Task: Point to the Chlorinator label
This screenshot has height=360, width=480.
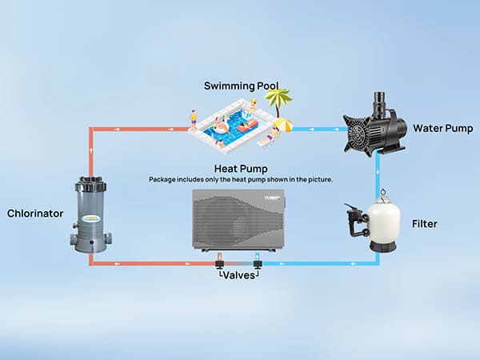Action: point(37,214)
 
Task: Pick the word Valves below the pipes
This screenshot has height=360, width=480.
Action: point(238,274)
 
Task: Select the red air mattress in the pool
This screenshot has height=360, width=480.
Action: point(246,126)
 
